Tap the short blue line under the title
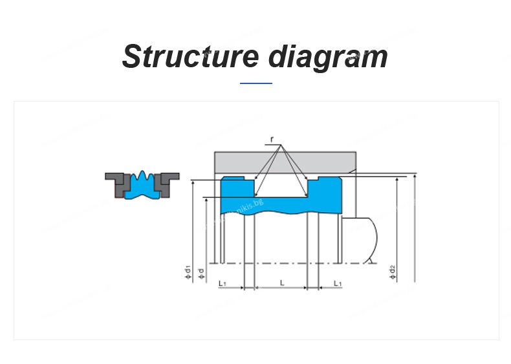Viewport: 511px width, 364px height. (x=255, y=83)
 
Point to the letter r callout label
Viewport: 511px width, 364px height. (x=272, y=140)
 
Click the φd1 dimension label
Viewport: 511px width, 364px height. (x=188, y=272)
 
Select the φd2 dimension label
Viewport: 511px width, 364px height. (x=393, y=272)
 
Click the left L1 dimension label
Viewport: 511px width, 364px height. (x=221, y=283)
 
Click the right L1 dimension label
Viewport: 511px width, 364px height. (x=338, y=283)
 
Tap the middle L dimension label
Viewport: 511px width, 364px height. (x=282, y=283)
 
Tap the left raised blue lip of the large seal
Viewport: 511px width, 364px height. (x=236, y=189)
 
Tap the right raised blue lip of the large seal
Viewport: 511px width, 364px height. (x=323, y=189)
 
